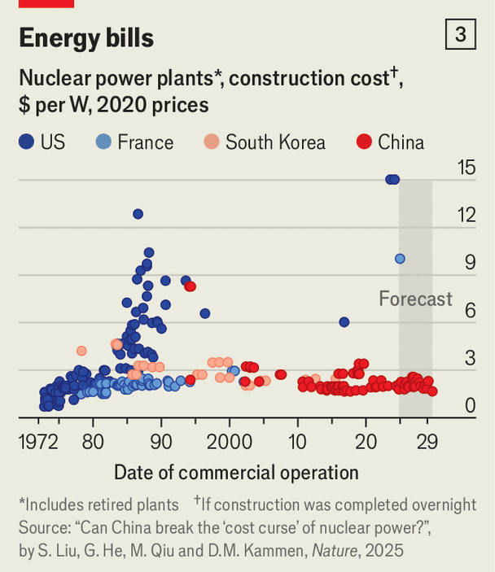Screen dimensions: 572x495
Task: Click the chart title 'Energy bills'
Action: pos(85,37)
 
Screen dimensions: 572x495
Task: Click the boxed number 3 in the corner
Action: pos(461,35)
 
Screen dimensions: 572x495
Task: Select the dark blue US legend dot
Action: pos(26,142)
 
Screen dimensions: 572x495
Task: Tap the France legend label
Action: pos(145,142)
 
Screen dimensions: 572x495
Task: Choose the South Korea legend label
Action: pos(275,142)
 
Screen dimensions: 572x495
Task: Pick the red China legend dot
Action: pos(364,142)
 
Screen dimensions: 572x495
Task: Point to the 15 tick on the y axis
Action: pos(466,168)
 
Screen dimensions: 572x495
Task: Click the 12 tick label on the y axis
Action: pos(466,215)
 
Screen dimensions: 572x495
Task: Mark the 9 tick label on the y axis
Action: pos(469,262)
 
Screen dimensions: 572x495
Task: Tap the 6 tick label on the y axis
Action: pos(469,309)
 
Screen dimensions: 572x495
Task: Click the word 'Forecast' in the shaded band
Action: pos(415,299)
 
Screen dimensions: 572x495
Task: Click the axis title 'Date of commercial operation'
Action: pos(236,473)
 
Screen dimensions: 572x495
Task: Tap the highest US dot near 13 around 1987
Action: pos(138,214)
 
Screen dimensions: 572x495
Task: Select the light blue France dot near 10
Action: pos(400,259)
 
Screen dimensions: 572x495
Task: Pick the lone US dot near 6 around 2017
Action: pos(344,322)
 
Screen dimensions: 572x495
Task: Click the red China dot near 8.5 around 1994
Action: pos(190,286)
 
